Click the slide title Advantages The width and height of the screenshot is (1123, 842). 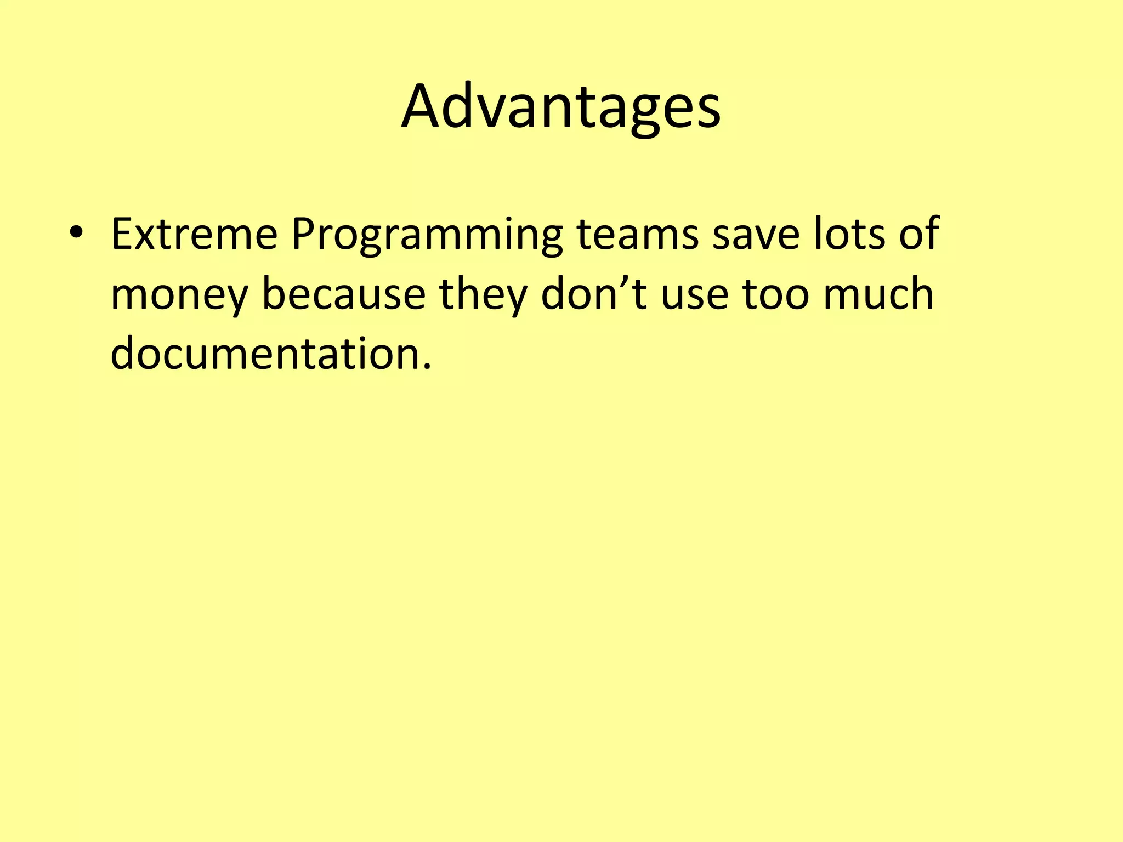click(560, 107)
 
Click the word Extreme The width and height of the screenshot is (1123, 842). click(194, 235)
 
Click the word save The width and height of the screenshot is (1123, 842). click(756, 235)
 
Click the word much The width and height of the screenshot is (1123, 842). click(878, 294)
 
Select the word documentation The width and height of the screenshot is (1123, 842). click(265, 354)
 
